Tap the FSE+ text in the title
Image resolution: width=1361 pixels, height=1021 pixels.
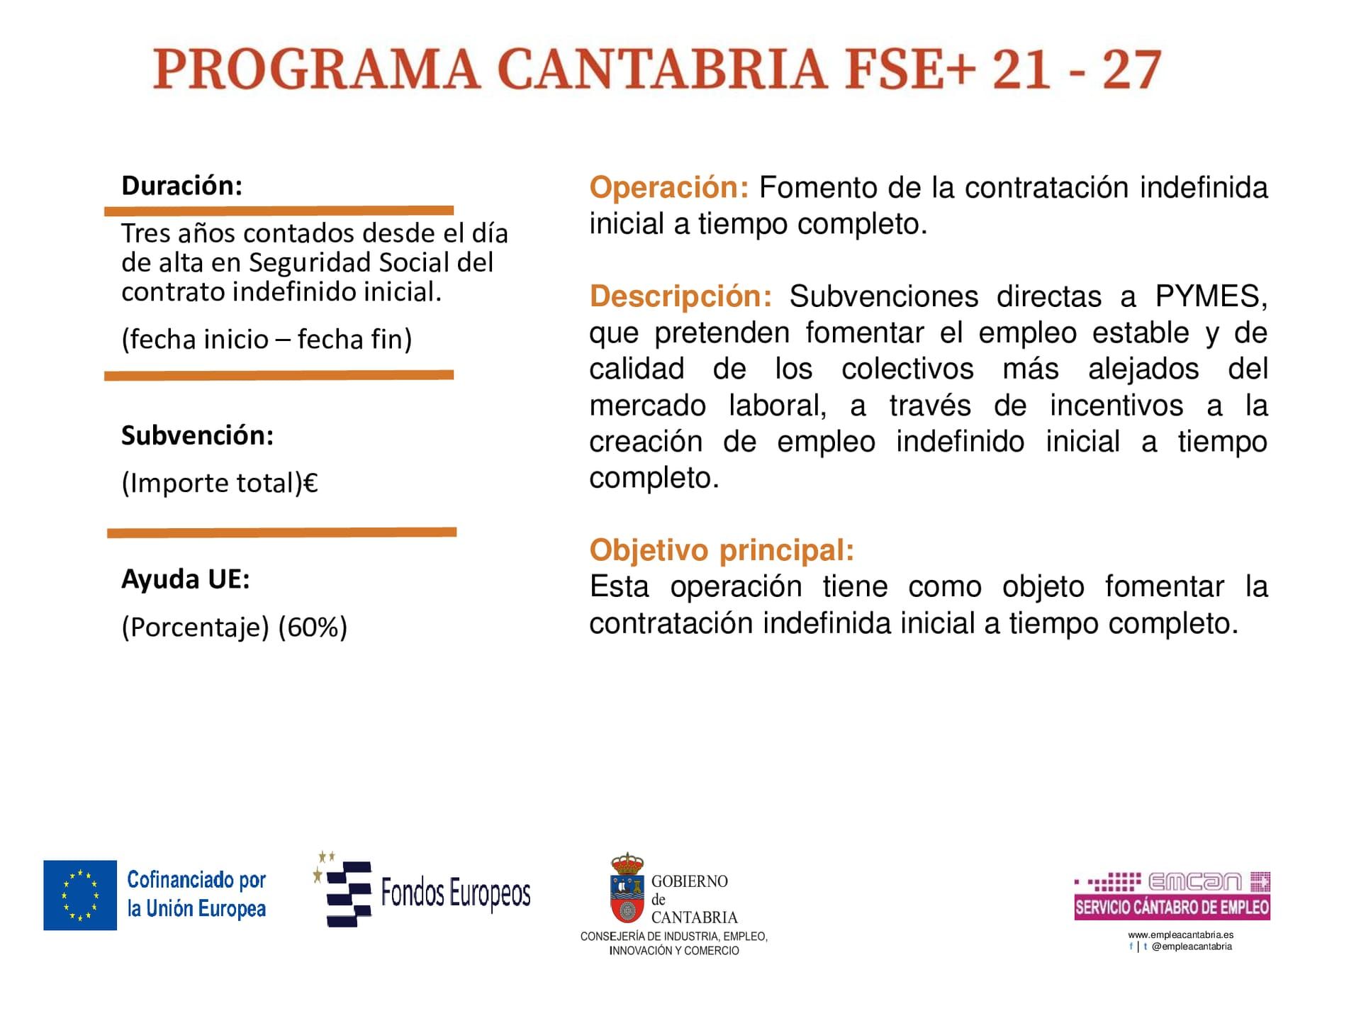(907, 69)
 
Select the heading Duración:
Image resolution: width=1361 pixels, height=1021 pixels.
(182, 186)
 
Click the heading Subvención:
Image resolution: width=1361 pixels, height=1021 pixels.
(197, 435)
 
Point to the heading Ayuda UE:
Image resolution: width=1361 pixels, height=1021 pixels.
(186, 579)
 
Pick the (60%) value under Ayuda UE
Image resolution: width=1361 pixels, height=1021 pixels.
(313, 627)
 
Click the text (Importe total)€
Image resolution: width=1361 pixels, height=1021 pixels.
(220, 483)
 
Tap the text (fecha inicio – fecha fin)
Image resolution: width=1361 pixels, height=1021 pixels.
(267, 339)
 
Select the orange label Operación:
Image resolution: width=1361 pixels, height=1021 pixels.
(668, 188)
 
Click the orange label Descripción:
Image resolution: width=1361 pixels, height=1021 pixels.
(680, 296)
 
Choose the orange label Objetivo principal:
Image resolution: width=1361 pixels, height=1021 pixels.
(722, 550)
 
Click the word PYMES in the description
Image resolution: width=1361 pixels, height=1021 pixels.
(1211, 296)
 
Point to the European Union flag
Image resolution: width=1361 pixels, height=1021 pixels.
(80, 895)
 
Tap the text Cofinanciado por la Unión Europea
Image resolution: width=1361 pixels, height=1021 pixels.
(196, 894)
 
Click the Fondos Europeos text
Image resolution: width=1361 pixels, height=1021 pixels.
(456, 893)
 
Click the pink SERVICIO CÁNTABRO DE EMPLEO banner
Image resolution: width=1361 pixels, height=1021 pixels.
(1172, 907)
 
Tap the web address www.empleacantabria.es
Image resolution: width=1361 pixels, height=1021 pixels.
(1180, 934)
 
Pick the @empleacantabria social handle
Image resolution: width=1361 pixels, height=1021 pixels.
(1192, 947)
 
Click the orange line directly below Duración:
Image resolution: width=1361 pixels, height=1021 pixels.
(279, 211)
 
